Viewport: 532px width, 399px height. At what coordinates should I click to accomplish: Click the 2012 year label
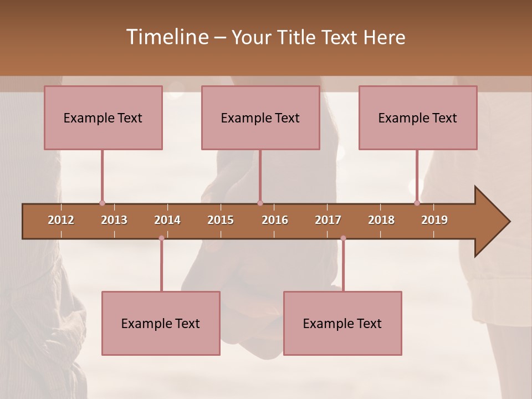(x=61, y=220)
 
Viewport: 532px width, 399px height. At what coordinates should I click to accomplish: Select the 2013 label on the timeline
(x=114, y=220)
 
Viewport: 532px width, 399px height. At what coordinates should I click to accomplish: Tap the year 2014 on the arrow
(x=167, y=220)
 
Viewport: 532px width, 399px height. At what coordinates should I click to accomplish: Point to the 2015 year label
(x=221, y=220)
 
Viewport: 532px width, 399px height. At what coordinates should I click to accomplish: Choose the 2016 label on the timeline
(x=275, y=220)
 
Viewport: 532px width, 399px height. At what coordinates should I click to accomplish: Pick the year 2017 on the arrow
(x=328, y=220)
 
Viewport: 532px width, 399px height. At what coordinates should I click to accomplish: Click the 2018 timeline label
(x=381, y=220)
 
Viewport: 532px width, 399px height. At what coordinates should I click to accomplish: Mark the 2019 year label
(x=434, y=220)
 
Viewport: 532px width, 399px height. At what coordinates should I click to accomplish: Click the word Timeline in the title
(x=167, y=37)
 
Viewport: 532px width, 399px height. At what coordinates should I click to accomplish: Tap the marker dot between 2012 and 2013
(x=102, y=203)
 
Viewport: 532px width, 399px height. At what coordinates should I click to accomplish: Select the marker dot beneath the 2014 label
(x=161, y=238)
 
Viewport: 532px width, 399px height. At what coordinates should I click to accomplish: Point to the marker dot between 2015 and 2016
(x=260, y=203)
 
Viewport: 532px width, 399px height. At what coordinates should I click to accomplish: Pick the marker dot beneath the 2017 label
(x=343, y=238)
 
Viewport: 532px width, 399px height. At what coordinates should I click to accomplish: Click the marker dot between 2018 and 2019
(x=417, y=203)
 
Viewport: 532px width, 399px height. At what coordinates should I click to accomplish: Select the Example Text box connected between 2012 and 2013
(x=103, y=117)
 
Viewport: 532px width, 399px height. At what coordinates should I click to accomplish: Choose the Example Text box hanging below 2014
(x=161, y=323)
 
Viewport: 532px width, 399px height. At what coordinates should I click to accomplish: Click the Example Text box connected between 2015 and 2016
(x=260, y=117)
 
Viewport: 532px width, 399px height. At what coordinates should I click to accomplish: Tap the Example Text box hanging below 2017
(x=342, y=323)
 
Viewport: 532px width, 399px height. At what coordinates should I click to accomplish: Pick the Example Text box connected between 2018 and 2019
(x=418, y=117)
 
